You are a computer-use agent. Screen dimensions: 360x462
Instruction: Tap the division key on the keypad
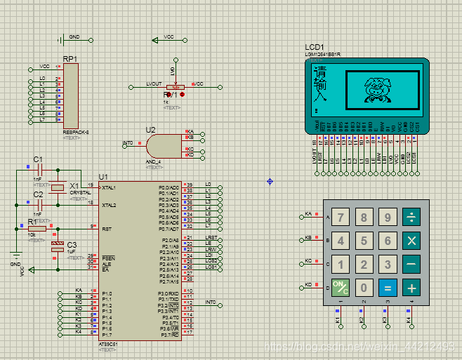411,218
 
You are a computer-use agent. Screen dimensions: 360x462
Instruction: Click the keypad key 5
364,241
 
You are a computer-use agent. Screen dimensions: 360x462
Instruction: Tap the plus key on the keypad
411,287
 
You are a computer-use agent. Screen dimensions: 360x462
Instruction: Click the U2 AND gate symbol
161,145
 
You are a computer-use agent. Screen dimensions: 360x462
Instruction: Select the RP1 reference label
70,59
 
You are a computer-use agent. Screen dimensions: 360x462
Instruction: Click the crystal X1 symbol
58,187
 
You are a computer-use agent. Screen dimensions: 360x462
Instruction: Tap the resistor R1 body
37,228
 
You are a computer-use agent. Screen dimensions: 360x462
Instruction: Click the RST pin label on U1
107,229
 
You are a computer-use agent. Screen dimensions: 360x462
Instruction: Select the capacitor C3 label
72,244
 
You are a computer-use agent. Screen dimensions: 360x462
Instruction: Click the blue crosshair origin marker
270,182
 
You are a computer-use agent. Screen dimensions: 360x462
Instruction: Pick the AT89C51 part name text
108,344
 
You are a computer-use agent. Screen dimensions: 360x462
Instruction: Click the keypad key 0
364,287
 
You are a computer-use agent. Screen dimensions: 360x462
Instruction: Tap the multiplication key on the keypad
411,241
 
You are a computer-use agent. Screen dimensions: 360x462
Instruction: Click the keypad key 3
388,264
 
